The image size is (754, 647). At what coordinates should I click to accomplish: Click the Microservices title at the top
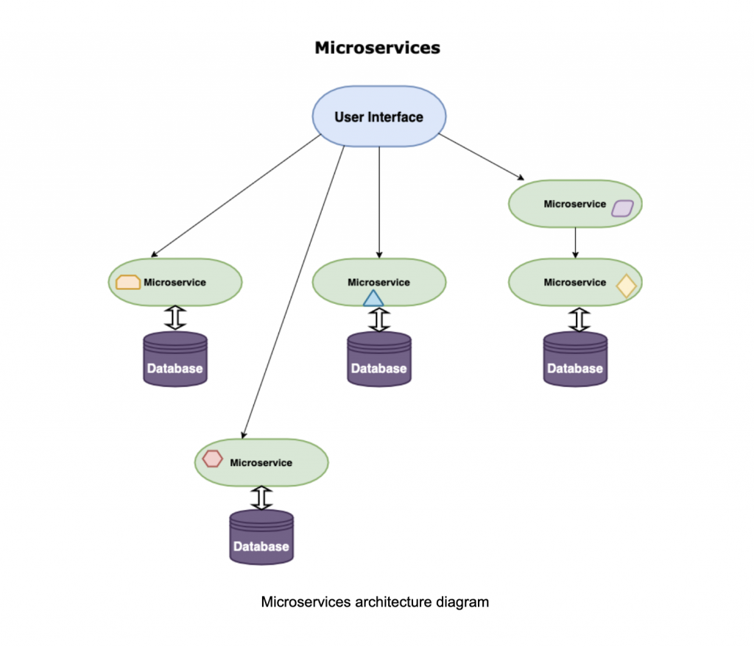click(x=377, y=48)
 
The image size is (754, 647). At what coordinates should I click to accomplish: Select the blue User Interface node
click(x=378, y=116)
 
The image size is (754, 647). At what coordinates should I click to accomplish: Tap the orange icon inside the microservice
click(x=129, y=282)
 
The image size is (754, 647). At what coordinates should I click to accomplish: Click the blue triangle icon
click(x=373, y=298)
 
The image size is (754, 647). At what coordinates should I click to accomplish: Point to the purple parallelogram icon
click(x=622, y=208)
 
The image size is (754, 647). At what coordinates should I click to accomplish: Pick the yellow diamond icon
click(x=626, y=286)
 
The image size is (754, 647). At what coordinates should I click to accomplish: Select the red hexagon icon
click(x=213, y=459)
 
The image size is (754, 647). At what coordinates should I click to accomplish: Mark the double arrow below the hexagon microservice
click(x=261, y=498)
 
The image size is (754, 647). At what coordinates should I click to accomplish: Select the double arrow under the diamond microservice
click(x=579, y=319)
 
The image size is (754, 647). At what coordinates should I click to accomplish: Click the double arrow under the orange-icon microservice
click(x=175, y=317)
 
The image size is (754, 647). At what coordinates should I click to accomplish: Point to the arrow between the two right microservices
click(x=575, y=242)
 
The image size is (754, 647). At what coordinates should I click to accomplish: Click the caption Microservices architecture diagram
click(x=375, y=602)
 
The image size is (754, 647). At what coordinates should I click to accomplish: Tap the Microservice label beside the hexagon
click(x=261, y=463)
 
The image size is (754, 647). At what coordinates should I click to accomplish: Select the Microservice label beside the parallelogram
click(x=574, y=204)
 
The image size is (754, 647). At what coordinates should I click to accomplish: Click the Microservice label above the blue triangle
click(x=378, y=282)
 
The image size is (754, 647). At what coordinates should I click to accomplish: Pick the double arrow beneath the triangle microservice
click(x=378, y=319)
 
